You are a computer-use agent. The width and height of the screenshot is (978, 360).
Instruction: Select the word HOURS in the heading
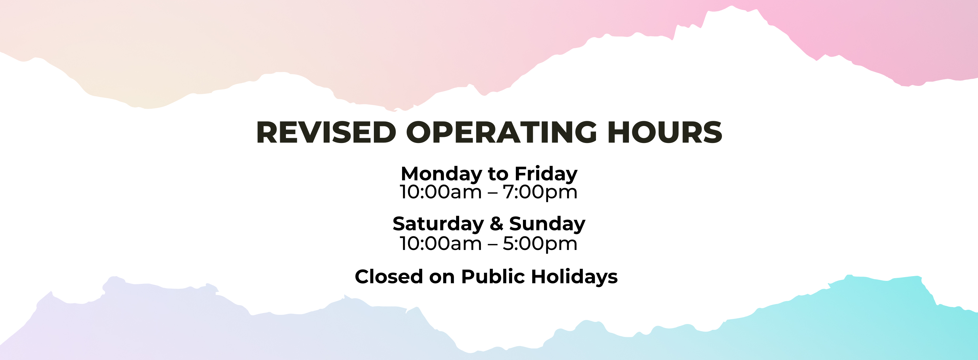tap(665, 132)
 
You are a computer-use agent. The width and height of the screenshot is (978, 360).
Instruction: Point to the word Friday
tap(546, 174)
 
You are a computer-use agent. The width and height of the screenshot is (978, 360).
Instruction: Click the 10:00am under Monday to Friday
tap(440, 192)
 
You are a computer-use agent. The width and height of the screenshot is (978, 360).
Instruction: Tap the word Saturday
tap(438, 224)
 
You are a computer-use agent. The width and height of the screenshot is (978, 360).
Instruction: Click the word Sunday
tap(547, 224)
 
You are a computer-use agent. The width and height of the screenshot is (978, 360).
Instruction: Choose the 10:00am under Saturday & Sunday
tap(440, 244)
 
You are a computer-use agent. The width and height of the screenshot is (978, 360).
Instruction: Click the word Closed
tap(389, 276)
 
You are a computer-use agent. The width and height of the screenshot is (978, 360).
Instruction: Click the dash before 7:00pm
tap(492, 193)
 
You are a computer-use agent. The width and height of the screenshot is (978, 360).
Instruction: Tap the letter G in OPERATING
tap(584, 132)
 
